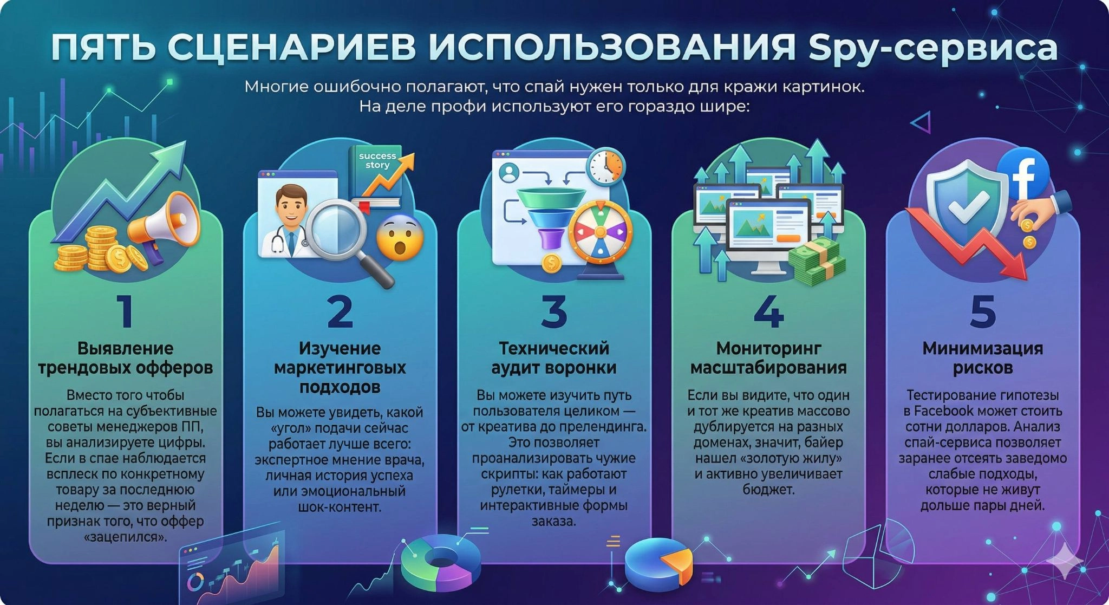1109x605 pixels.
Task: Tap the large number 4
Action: coord(768,311)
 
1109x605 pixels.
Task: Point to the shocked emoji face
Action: coord(399,238)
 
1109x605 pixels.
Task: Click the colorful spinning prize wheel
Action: coord(599,232)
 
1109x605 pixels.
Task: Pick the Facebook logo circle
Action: coord(1023,174)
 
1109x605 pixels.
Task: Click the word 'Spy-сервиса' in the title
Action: coord(932,47)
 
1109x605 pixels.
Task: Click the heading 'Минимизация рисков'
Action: coord(982,357)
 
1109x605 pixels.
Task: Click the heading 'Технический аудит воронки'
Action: coord(553,357)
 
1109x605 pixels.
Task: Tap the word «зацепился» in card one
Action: coord(126,537)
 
